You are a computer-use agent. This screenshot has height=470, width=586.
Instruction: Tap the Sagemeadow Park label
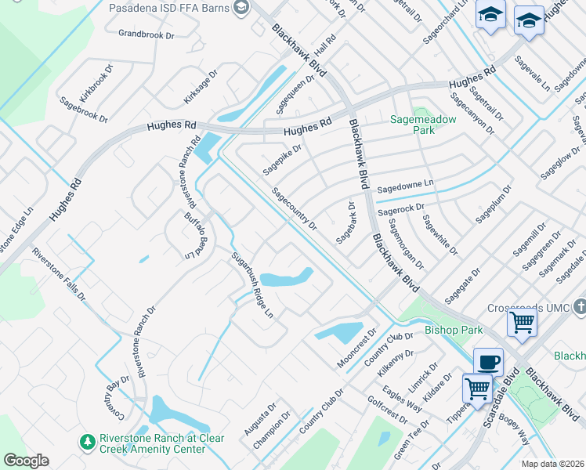click(423, 125)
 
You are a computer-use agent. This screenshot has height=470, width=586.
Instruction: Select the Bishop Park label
click(454, 330)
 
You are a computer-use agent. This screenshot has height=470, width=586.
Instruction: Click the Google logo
click(27, 461)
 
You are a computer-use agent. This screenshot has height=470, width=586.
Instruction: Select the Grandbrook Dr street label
click(146, 34)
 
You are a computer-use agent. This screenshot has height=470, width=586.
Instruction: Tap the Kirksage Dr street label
click(200, 87)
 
